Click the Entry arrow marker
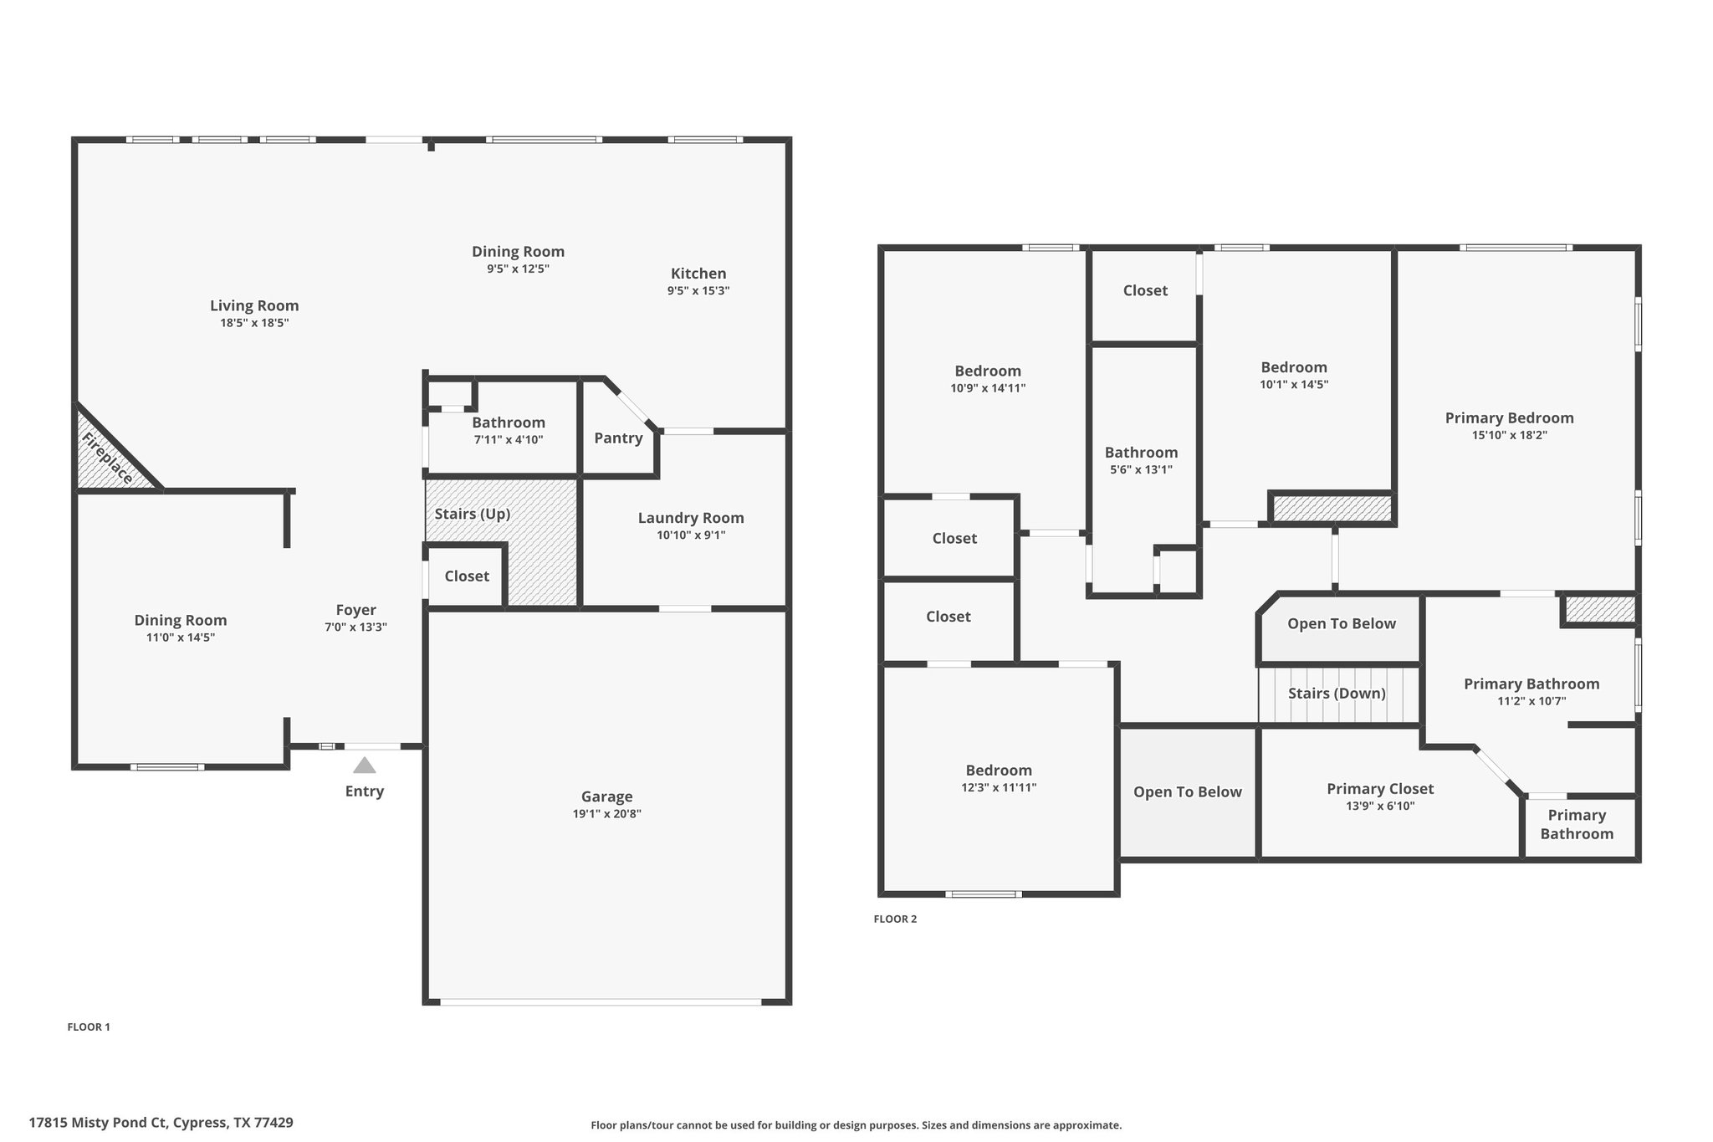coord(364,765)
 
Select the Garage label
coord(607,796)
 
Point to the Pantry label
coord(618,438)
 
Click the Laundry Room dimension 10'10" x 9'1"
coord(691,535)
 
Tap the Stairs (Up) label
coord(473,514)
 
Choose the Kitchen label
coord(698,274)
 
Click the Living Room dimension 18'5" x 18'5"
coord(254,323)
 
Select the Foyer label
coord(356,610)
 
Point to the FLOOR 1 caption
coord(89,1027)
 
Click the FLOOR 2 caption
coord(895,919)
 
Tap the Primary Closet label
coord(1380,789)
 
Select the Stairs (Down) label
coord(1337,694)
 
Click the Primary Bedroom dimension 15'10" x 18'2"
coord(1510,435)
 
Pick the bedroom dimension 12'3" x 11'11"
coord(999,787)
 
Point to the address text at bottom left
coord(161,1123)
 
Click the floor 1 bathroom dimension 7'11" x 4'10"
coord(509,440)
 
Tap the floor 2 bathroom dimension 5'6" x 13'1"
coord(1141,470)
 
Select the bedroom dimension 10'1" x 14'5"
coord(1294,385)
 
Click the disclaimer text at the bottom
coord(856,1125)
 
